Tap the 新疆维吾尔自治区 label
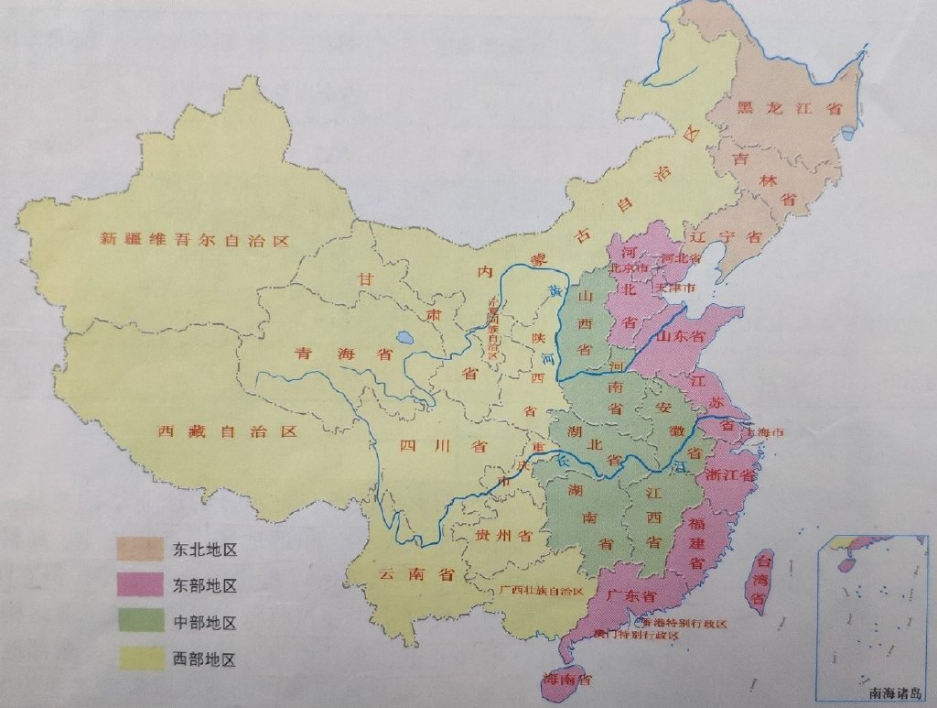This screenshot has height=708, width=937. pos(194,241)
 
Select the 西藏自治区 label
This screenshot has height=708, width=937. pos(228,430)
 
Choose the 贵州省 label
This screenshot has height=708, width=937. pos(499,534)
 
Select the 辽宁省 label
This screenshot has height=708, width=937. pos(728,235)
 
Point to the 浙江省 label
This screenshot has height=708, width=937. pos(732,475)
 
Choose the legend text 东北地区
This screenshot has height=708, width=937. pos(205,550)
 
